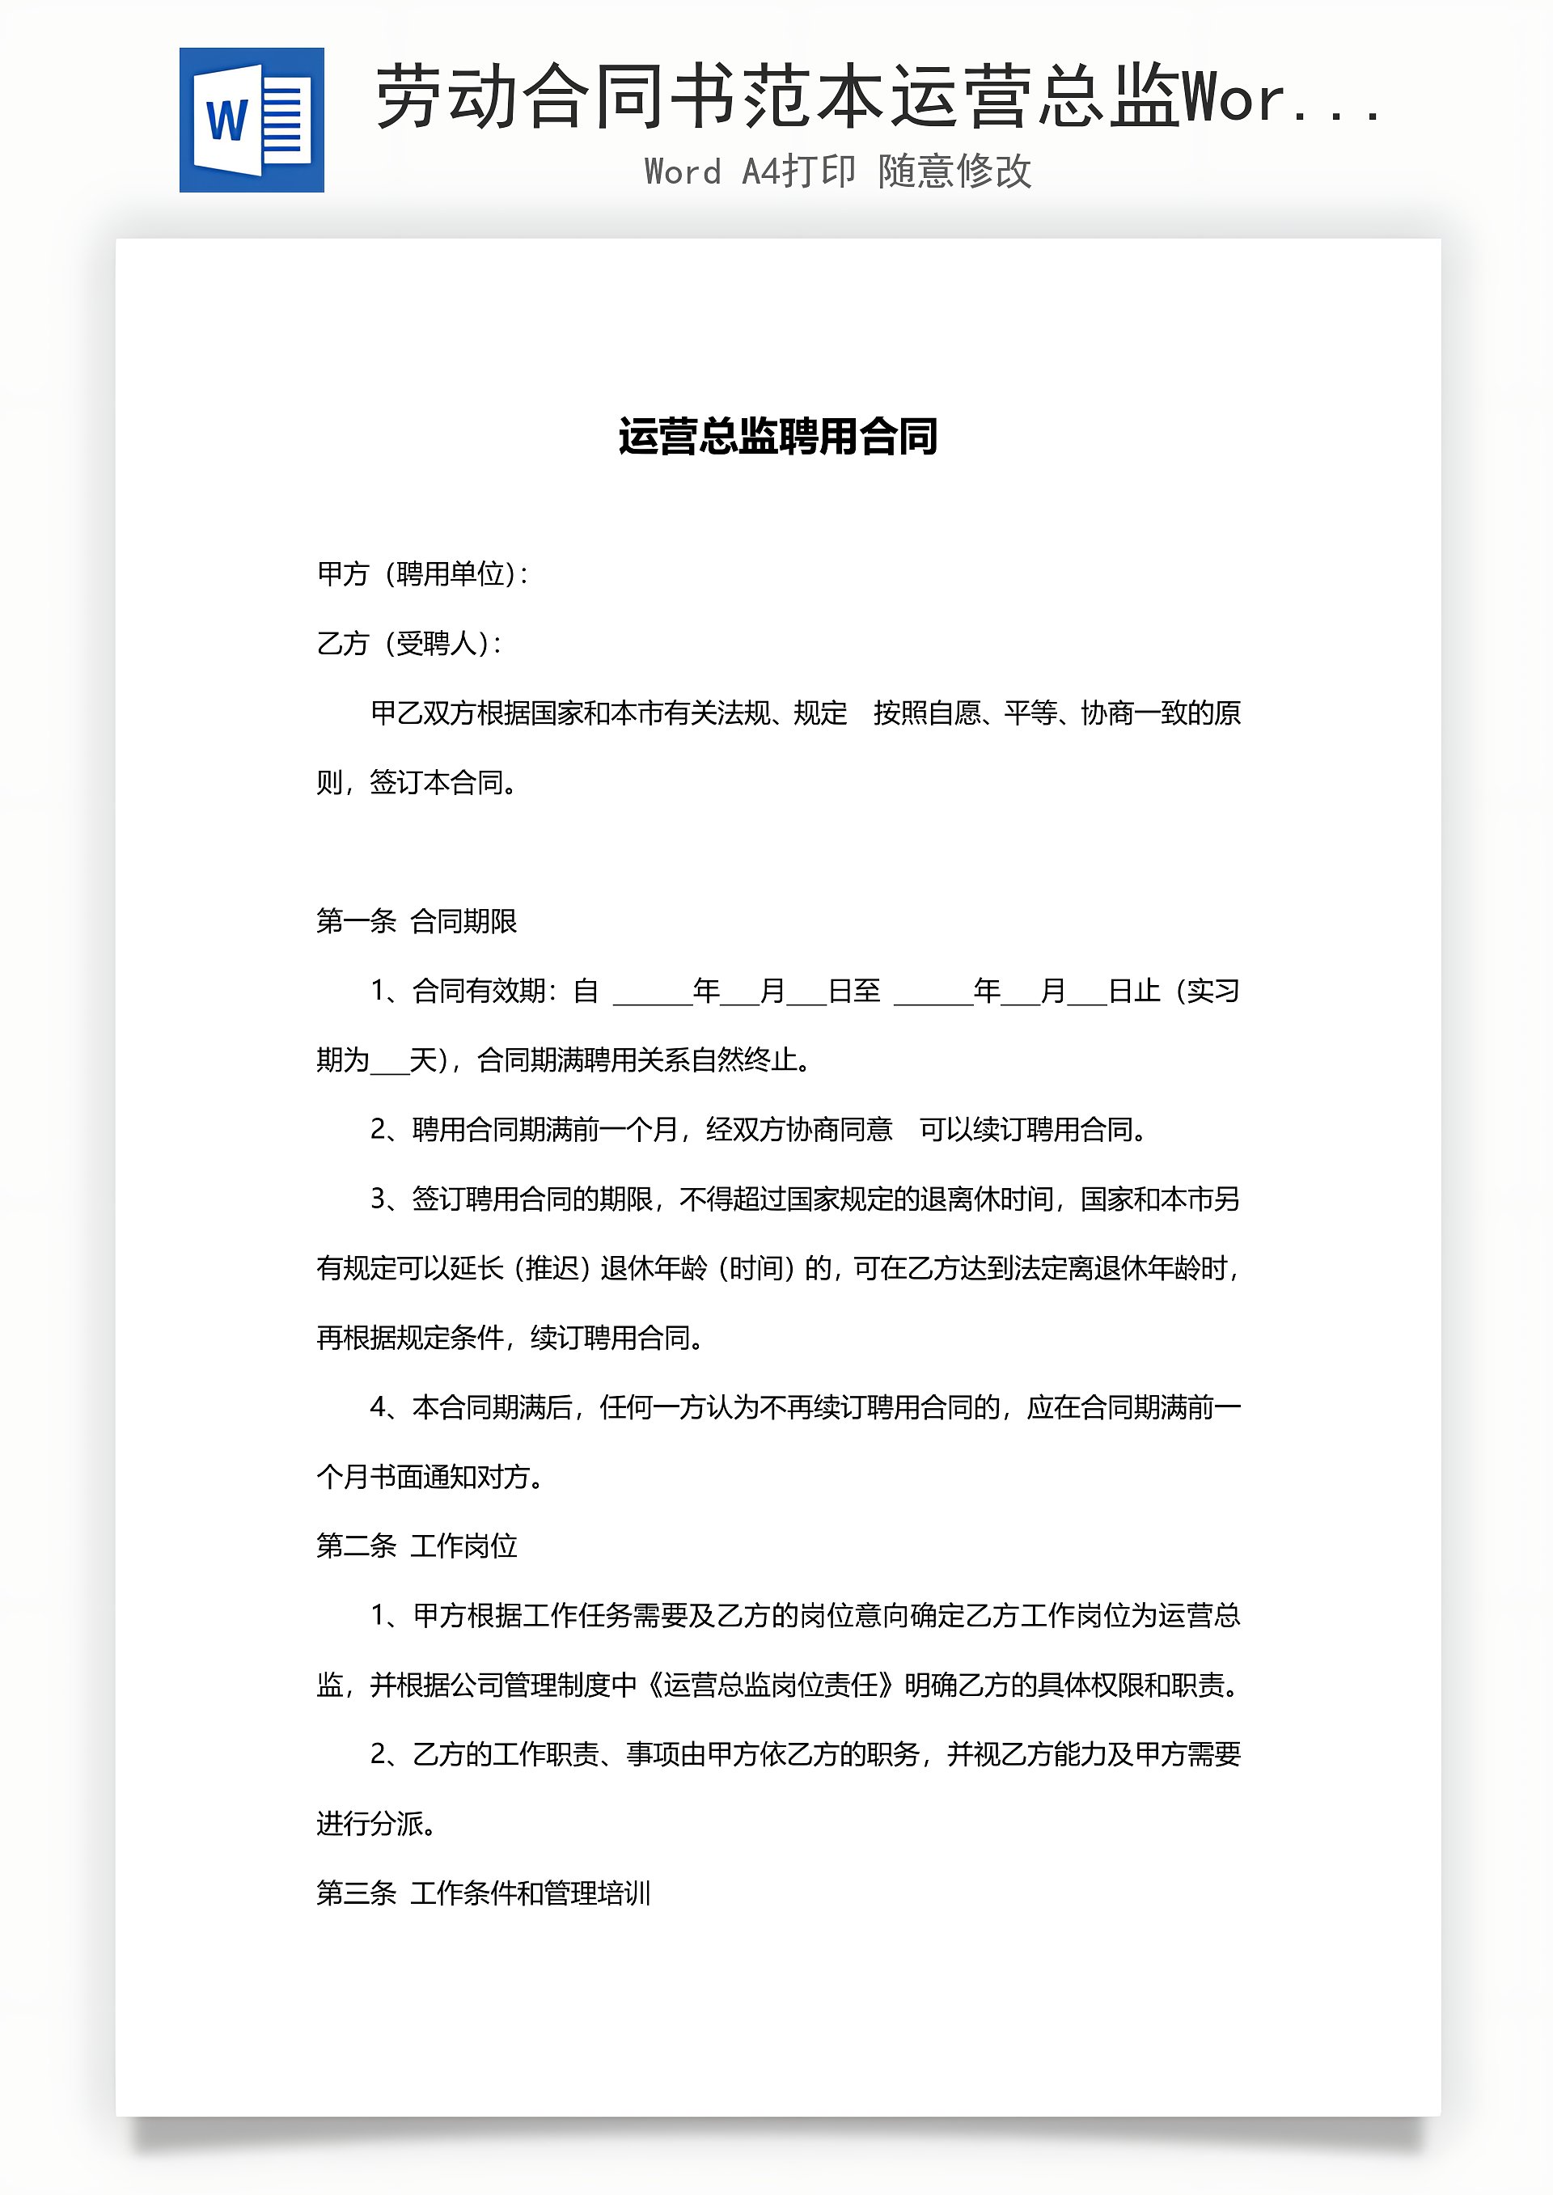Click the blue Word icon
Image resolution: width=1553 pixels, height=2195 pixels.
[252, 120]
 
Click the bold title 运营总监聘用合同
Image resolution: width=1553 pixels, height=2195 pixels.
[776, 437]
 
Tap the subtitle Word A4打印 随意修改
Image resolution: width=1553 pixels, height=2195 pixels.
[838, 171]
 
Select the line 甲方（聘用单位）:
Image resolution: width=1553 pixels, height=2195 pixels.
[423, 573]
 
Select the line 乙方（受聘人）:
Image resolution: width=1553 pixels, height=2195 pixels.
[409, 644]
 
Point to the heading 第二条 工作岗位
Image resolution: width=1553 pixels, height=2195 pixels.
[416, 1546]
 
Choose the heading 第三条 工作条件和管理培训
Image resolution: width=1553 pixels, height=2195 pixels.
[483, 1893]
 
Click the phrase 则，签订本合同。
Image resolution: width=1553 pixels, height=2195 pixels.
[418, 782]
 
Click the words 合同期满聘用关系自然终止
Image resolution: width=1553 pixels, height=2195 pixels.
[642, 1059]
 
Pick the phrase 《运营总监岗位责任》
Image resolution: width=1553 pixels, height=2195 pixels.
[770, 1685]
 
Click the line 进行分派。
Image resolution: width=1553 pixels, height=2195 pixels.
[377, 1823]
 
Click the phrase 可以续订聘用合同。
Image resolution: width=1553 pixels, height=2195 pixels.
[1033, 1129]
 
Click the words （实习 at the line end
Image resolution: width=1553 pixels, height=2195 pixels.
[1206, 991]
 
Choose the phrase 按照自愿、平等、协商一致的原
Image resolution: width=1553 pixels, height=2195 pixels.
[1056, 713]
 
